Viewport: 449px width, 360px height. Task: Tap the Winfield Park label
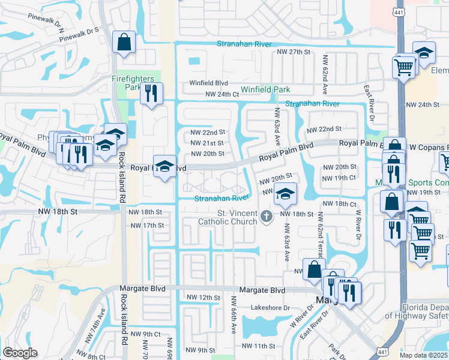(x=265, y=90)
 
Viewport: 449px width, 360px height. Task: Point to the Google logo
(x=20, y=353)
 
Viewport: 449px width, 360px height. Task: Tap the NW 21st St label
(x=206, y=143)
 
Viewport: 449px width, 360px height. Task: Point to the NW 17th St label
(x=147, y=225)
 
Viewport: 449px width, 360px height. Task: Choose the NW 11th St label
(x=258, y=346)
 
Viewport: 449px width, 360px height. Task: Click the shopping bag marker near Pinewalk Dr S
(x=124, y=43)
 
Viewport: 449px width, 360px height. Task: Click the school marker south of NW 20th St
(x=286, y=194)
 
